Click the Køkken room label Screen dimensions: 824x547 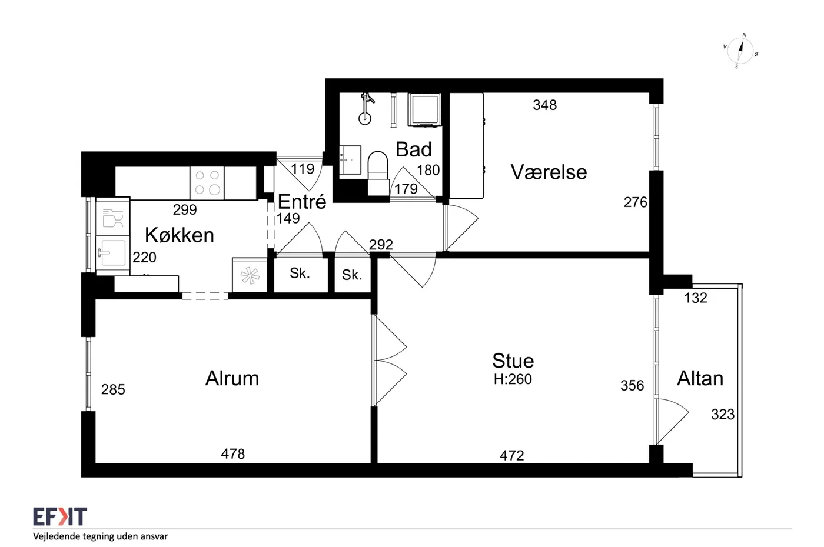tap(180, 235)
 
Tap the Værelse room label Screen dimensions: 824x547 tap(549, 172)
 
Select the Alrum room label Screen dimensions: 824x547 tap(232, 378)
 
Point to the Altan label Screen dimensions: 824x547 tap(700, 378)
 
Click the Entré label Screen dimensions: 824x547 tap(302, 201)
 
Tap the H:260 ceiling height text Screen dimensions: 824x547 tap(513, 379)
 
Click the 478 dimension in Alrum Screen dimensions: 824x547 tap(233, 454)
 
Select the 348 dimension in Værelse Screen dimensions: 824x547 tap(545, 105)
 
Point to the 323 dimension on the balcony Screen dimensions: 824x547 tap(723, 415)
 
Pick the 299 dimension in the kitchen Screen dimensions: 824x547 tap(185, 210)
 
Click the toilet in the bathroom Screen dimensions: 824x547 tap(378, 173)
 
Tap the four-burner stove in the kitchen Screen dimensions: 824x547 tap(207, 183)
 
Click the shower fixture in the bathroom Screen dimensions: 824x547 tap(366, 109)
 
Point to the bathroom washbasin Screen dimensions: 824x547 tap(350, 160)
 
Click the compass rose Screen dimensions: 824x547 tap(740, 51)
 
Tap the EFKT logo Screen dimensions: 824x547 tap(60, 516)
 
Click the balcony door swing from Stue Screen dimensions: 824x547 tap(672, 421)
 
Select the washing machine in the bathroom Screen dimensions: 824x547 tap(424, 109)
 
